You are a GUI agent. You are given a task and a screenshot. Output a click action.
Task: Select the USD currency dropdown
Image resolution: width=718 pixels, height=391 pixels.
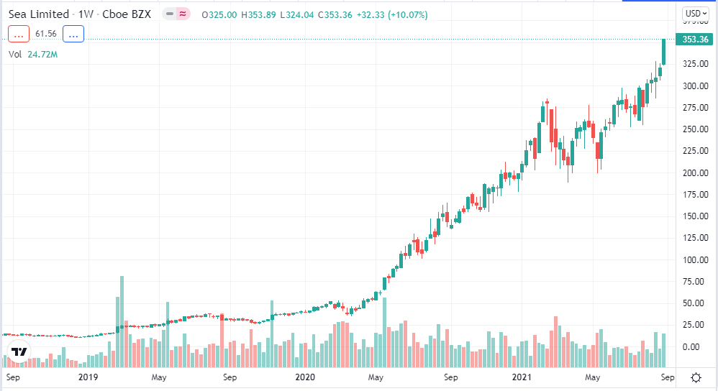695,14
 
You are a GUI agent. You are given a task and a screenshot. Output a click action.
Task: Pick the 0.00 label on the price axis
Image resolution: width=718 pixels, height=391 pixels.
693,346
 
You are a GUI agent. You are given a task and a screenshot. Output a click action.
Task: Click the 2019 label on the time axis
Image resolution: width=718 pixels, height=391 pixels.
88,377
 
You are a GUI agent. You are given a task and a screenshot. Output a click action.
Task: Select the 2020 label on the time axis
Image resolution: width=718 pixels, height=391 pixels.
305,377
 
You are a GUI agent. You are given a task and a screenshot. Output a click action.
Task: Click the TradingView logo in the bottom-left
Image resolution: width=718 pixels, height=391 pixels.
19,352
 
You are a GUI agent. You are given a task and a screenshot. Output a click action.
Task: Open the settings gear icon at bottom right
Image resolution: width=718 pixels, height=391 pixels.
696,377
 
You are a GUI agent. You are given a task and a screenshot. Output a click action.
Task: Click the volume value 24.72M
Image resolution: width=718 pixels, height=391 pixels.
42,54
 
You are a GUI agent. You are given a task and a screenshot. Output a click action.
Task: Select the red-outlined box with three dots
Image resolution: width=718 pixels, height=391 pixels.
19,33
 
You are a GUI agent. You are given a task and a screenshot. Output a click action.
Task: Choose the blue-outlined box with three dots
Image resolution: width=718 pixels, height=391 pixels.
73,33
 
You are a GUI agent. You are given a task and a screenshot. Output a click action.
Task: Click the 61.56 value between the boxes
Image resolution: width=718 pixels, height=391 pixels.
46,33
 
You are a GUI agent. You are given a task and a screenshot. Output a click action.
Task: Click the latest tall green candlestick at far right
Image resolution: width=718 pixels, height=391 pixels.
663,52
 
